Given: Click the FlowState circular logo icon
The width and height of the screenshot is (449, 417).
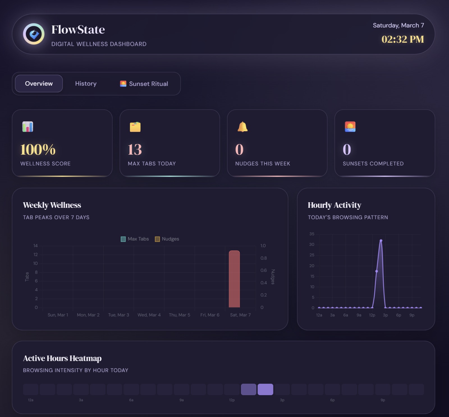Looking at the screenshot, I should pos(34,34).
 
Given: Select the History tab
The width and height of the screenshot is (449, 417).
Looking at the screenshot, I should pos(86,84).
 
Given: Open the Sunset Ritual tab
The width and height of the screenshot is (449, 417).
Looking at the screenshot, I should pos(144,84).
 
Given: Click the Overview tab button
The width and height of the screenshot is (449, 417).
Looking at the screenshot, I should pos(39,84).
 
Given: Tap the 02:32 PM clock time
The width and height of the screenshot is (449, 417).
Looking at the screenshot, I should pos(402,39).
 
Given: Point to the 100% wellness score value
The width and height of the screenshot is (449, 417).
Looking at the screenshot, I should pos(38,150).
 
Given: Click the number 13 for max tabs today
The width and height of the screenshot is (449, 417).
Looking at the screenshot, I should pos(135,150).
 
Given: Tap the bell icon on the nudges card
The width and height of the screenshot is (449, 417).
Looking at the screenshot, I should pos(242,127).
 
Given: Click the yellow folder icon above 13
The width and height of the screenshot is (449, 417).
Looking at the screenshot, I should pos(135,127).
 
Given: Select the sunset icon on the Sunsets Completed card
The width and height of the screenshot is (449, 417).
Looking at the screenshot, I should pos(350,127).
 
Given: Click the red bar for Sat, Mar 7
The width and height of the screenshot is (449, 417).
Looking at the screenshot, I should pos(234,279).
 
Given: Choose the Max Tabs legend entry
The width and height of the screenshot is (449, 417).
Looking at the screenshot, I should pos(135,239).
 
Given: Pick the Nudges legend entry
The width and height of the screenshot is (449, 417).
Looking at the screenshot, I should pos(167,239).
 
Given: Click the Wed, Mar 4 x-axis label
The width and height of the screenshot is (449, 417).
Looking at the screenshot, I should pos(149,315).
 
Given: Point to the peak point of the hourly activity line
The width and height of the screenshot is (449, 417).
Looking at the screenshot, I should pos(381,241).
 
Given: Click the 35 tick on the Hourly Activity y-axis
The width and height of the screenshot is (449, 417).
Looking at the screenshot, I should pos(312,234).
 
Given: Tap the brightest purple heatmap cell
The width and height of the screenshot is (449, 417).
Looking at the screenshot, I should pos(265,389).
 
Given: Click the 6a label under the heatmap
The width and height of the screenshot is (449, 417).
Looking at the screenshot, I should pos(131,400).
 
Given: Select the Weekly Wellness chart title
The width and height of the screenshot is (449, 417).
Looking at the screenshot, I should pos(52,205).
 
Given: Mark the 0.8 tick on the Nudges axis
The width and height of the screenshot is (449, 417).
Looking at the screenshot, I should pos(264,258).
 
